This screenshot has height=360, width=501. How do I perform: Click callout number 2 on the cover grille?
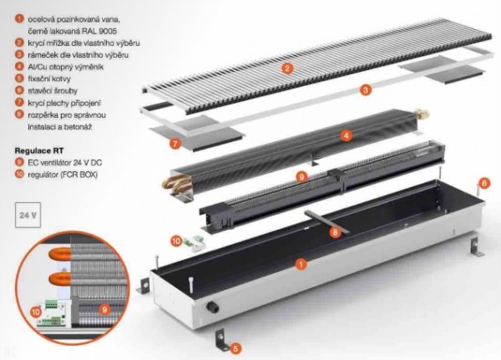pyautogui.click(x=286, y=68)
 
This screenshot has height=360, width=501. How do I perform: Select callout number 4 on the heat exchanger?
pyautogui.click(x=346, y=134)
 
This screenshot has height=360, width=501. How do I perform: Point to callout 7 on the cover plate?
pyautogui.click(x=175, y=144)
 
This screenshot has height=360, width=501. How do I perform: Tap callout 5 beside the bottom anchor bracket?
pyautogui.click(x=237, y=347)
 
